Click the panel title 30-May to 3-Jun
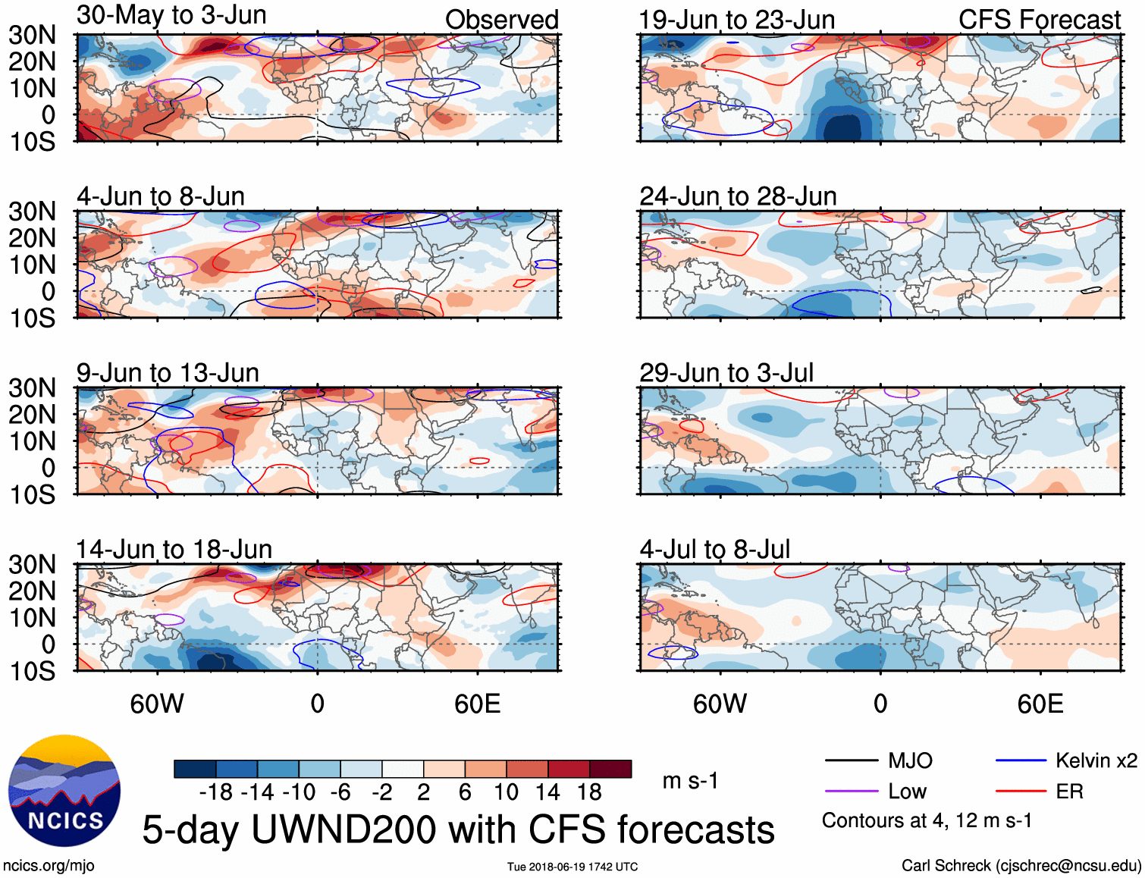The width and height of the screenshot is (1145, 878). point(171,15)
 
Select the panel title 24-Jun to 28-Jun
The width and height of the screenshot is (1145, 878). point(738,196)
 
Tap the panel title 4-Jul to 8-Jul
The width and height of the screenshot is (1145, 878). point(714,549)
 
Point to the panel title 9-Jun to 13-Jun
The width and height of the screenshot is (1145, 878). point(168,373)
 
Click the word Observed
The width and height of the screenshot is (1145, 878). point(501,20)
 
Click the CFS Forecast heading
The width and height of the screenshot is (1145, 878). point(1039,20)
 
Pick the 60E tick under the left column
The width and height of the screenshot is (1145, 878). point(477,704)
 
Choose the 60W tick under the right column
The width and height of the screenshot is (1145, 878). point(720,704)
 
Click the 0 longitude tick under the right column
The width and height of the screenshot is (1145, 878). point(880,704)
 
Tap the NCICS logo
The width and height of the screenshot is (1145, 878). point(64,791)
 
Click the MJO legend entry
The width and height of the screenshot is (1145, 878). point(910,760)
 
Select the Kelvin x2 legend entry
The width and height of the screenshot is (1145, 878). point(1096,760)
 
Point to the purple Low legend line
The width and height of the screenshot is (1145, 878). point(851,792)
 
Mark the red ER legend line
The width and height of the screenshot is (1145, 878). point(1021,792)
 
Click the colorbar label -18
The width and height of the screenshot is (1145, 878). point(216,792)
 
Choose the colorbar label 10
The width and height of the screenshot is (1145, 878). point(506,792)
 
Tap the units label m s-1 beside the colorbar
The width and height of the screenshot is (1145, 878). point(690,780)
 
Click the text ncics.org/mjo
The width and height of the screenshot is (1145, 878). point(49,866)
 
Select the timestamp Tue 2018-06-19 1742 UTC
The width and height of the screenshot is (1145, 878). point(572,867)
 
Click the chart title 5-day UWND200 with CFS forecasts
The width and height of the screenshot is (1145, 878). point(458,829)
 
